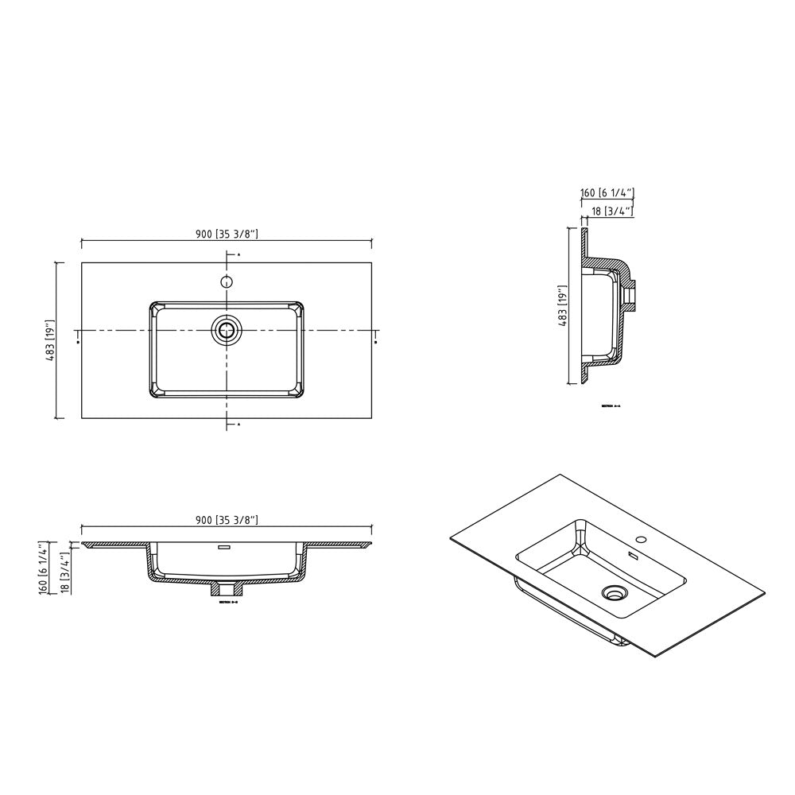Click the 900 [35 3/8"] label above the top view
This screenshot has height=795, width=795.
point(227,233)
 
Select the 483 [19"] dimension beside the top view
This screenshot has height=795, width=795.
point(49,340)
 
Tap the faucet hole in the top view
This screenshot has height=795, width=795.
point(227,281)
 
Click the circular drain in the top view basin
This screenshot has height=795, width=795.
point(227,329)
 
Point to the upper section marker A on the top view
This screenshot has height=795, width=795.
point(238,254)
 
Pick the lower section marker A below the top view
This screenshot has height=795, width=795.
point(238,425)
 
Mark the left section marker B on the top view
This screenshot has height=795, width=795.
point(77,342)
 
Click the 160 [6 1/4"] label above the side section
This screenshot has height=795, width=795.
point(607,193)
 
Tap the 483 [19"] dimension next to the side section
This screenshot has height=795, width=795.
point(562,305)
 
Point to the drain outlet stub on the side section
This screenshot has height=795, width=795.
point(633,294)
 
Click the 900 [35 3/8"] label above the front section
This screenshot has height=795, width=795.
point(227,520)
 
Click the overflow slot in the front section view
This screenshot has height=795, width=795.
point(223,548)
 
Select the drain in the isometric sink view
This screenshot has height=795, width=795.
point(613,592)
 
